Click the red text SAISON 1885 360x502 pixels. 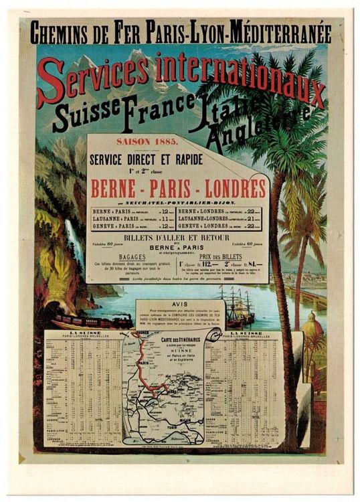pyautogui.click(x=143, y=142)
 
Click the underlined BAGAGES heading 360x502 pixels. pyautogui.click(x=132, y=256)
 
